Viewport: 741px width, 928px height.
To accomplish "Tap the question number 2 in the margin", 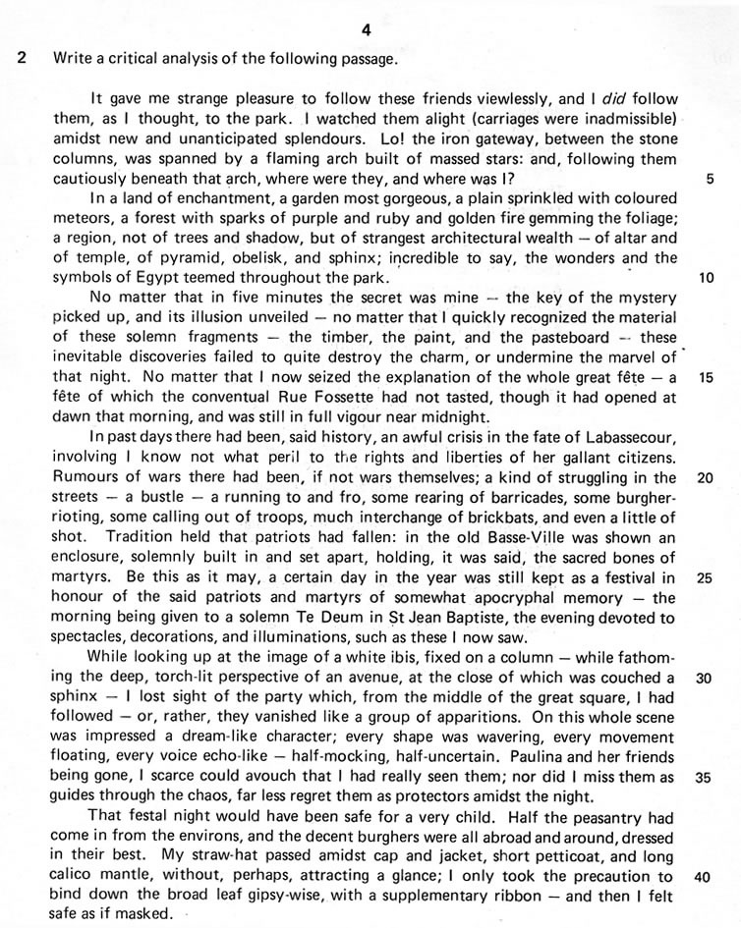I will tap(21, 57).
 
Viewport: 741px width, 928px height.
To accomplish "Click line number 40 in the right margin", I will tap(706, 876).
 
